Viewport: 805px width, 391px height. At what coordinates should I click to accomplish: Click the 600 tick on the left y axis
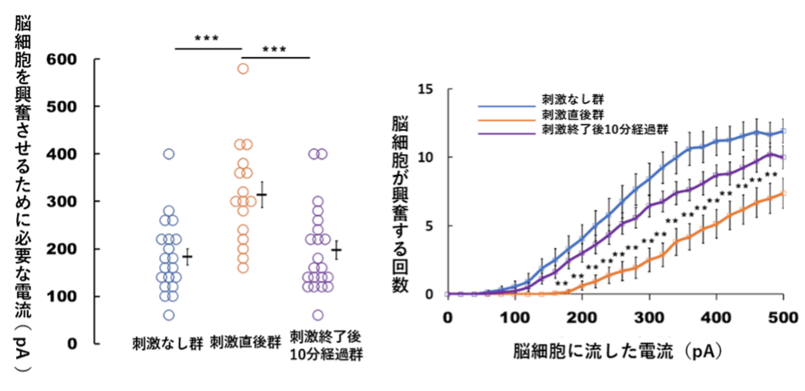(x=69, y=59)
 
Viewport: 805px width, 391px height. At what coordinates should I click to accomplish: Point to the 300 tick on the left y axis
(x=69, y=201)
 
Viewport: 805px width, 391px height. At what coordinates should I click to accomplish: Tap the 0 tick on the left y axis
(x=74, y=344)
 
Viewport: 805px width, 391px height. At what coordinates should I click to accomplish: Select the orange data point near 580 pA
(x=242, y=69)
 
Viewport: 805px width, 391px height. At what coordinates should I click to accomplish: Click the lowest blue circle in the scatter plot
(x=169, y=315)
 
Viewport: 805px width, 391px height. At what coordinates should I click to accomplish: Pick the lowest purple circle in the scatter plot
(x=318, y=315)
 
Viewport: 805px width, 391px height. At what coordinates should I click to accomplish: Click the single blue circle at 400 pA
(x=169, y=154)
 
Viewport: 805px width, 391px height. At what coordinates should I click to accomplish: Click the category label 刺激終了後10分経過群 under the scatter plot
(x=326, y=345)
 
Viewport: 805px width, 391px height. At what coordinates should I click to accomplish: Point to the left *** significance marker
(x=207, y=38)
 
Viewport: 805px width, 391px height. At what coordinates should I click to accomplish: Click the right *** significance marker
(x=275, y=48)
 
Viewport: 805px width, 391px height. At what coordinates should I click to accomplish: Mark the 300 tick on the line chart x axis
(x=649, y=315)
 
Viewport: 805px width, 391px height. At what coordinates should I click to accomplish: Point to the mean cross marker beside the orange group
(x=263, y=195)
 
